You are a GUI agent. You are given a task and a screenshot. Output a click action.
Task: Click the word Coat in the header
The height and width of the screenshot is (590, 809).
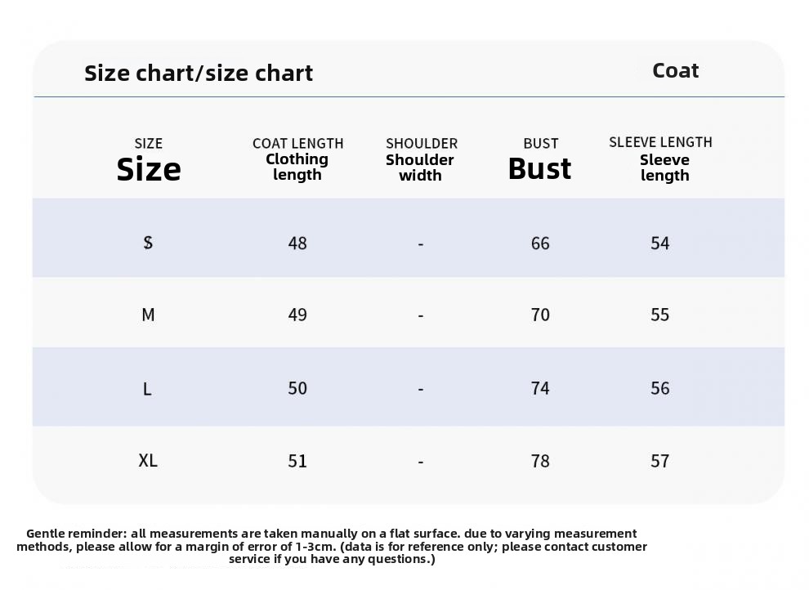click(x=675, y=70)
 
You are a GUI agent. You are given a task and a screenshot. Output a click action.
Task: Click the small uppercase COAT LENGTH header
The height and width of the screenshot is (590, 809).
click(x=297, y=143)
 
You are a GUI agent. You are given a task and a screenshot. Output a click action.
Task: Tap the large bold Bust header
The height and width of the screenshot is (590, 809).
click(x=539, y=168)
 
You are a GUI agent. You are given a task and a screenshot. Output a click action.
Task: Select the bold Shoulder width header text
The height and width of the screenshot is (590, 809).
click(x=420, y=168)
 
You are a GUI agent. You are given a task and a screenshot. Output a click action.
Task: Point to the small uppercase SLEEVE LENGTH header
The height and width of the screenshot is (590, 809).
click(x=660, y=142)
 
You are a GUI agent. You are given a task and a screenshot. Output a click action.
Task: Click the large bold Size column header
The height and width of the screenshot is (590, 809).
click(x=149, y=169)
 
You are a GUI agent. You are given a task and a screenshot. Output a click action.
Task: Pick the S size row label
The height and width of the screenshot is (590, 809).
click(x=148, y=243)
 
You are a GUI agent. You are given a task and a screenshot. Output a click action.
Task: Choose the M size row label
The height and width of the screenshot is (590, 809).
click(x=148, y=315)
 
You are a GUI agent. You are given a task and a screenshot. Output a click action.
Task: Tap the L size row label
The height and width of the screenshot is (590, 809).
click(x=147, y=388)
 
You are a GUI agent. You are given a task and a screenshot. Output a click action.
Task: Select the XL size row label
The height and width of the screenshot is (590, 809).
click(x=148, y=460)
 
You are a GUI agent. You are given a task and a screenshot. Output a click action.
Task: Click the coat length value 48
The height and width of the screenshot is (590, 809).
click(x=297, y=243)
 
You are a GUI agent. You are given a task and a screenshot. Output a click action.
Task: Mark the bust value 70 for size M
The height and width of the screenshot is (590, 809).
click(x=540, y=315)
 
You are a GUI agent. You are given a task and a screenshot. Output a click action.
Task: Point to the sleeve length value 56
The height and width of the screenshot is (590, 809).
click(x=660, y=388)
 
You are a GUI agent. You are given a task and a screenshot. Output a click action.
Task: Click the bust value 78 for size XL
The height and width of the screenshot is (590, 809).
click(x=540, y=461)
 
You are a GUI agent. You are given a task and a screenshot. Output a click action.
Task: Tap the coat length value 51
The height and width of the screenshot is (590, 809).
click(x=297, y=461)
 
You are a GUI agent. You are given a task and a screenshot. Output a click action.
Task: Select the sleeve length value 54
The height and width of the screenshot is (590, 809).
click(x=660, y=243)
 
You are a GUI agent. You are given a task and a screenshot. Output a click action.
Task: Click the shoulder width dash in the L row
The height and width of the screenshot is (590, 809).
click(x=421, y=389)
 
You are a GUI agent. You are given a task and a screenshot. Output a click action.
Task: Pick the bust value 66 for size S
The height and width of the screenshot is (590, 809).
click(x=540, y=243)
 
